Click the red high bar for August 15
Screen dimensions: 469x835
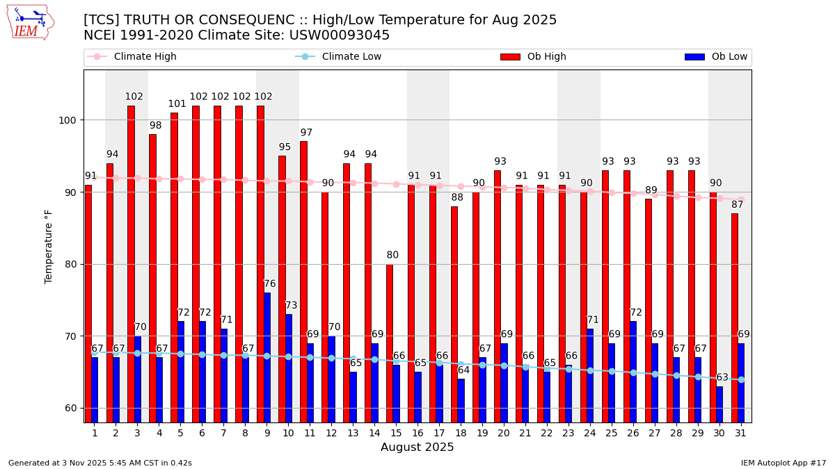[x=390, y=343]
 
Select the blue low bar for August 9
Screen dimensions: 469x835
[x=267, y=357]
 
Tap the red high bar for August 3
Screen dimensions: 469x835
[x=131, y=264]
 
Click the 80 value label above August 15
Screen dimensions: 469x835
[x=393, y=255]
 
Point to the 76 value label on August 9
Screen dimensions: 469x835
[x=270, y=284]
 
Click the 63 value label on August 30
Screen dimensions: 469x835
[x=722, y=377]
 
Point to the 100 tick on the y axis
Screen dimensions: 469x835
[x=70, y=120]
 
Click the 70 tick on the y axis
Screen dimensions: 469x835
[x=73, y=336]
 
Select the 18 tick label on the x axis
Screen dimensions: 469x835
[x=461, y=433]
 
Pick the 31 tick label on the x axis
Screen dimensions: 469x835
[x=741, y=433]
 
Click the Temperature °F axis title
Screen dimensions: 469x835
[x=49, y=247]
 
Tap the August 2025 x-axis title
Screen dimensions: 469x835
[x=417, y=447]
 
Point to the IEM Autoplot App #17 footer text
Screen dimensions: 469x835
[x=784, y=463]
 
